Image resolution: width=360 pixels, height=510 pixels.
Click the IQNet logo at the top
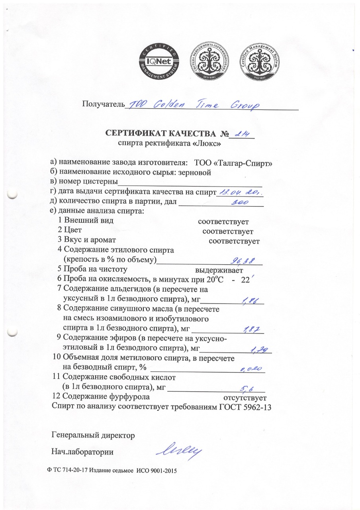tap(158, 62)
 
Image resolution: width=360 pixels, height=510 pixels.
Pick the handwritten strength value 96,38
tap(245, 260)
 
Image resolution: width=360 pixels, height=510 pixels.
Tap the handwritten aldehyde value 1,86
tap(250, 301)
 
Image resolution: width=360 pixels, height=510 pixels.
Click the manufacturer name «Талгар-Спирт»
tap(245, 163)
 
